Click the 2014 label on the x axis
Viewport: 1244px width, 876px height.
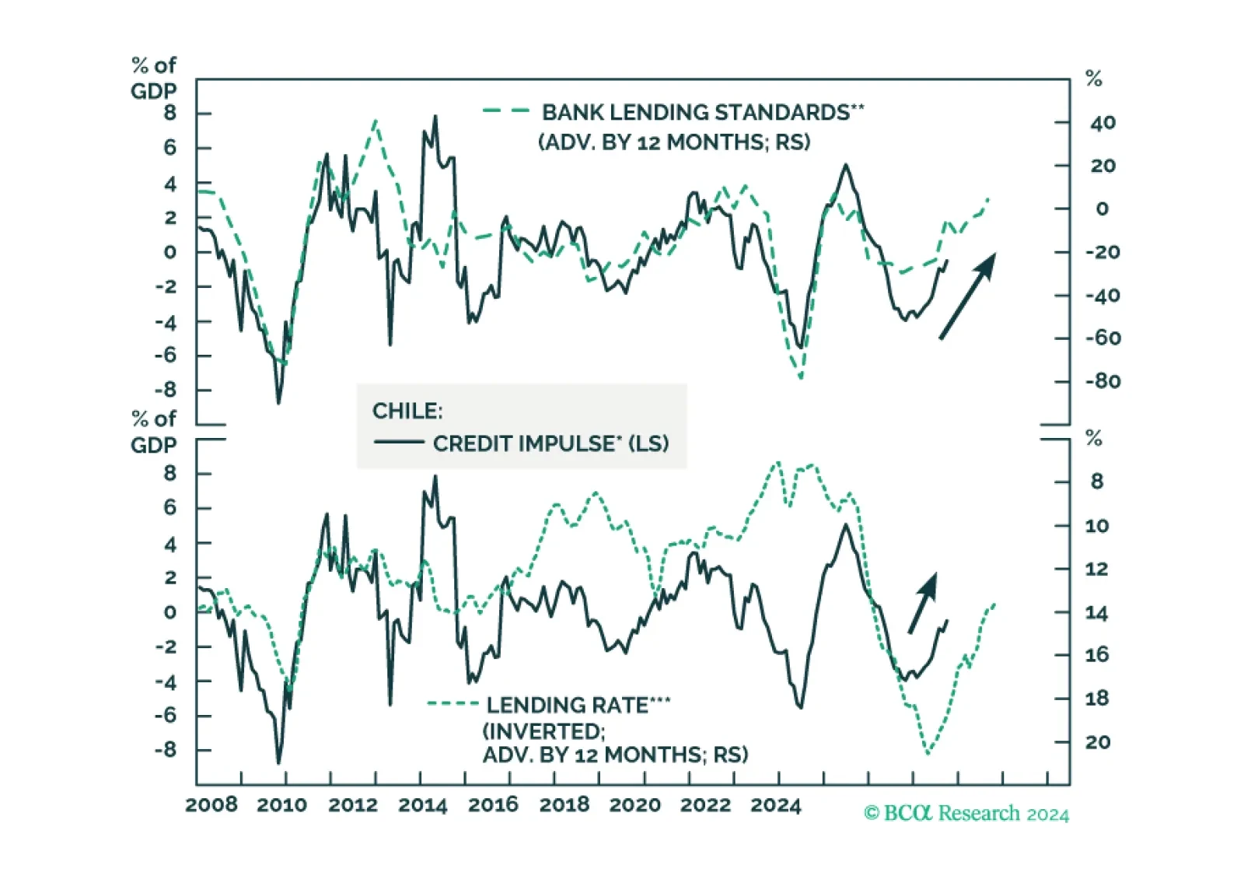pos(423,805)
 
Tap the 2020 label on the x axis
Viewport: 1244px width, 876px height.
pos(634,805)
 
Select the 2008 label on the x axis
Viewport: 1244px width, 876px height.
pos(211,805)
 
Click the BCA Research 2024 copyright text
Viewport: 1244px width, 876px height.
pos(966,814)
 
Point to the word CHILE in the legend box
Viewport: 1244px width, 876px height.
pos(407,412)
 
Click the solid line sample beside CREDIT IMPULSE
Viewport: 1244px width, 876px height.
pos(400,443)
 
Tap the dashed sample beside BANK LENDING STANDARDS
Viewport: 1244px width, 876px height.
pos(506,110)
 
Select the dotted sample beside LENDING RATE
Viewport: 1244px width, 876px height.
pos(453,704)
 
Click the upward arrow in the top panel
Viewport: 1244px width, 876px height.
pos(967,296)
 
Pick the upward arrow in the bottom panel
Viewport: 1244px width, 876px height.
pos(923,602)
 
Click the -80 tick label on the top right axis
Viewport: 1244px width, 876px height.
pos(1103,382)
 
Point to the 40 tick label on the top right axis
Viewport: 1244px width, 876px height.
pos(1103,123)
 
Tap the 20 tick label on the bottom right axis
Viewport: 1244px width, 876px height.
pos(1097,742)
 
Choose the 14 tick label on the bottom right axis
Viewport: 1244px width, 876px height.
pos(1097,613)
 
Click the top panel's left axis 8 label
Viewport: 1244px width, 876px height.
pos(170,114)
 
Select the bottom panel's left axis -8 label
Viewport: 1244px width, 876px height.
pos(166,750)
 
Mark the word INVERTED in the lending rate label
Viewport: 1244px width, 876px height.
pos(544,731)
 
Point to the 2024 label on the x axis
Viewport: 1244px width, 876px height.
pos(776,805)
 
